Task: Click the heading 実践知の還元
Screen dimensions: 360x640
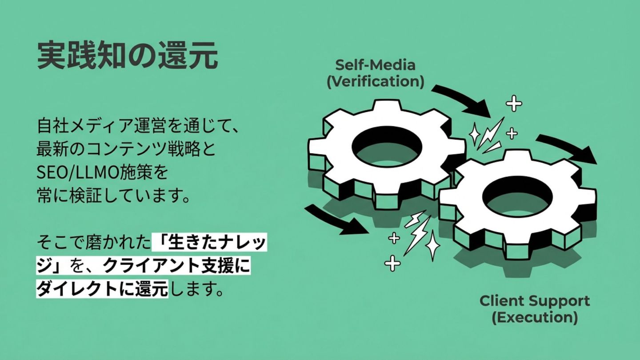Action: tap(127, 56)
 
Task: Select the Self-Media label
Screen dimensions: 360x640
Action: tap(375, 65)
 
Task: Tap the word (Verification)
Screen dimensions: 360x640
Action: tap(375, 82)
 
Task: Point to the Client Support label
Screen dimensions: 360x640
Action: tap(534, 301)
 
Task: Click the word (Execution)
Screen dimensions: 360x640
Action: tap(534, 318)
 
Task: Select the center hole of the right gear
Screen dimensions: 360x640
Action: tap(517, 195)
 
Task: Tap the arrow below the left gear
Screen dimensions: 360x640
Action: tap(336, 219)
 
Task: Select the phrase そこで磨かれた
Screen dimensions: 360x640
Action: tap(93, 243)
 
